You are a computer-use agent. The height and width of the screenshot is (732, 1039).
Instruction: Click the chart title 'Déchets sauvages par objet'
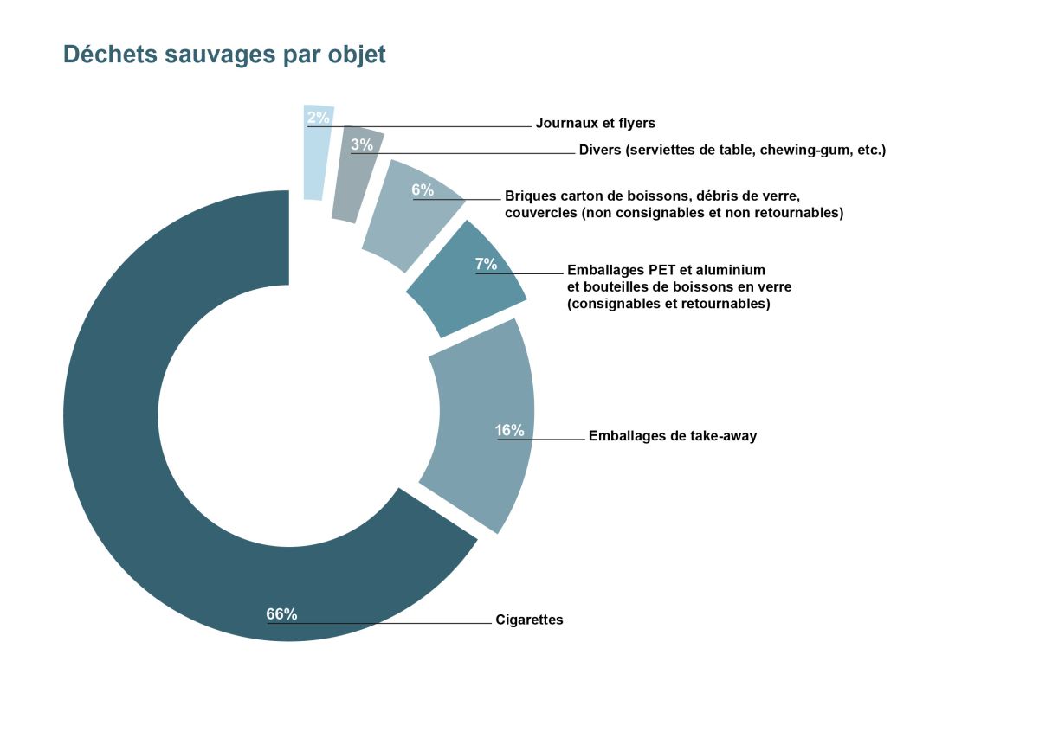point(224,55)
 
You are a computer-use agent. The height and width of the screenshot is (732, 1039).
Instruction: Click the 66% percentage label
point(281,614)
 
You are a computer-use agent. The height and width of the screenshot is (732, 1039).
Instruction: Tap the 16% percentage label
point(510,430)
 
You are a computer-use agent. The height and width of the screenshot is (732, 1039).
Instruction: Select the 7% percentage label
point(486,265)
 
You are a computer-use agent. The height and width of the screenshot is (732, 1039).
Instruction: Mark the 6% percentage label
point(423,190)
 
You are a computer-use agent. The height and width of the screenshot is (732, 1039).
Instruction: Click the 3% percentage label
point(362,145)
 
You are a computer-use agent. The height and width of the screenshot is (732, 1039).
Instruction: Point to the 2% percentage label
point(318,118)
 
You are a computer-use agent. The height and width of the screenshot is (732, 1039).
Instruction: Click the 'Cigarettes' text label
point(529,620)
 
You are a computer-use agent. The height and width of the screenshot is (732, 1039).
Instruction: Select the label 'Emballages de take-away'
point(672,436)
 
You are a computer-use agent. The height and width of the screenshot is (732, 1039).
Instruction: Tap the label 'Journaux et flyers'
point(595,123)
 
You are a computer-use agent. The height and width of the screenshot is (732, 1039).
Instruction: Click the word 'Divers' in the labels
point(600,150)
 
